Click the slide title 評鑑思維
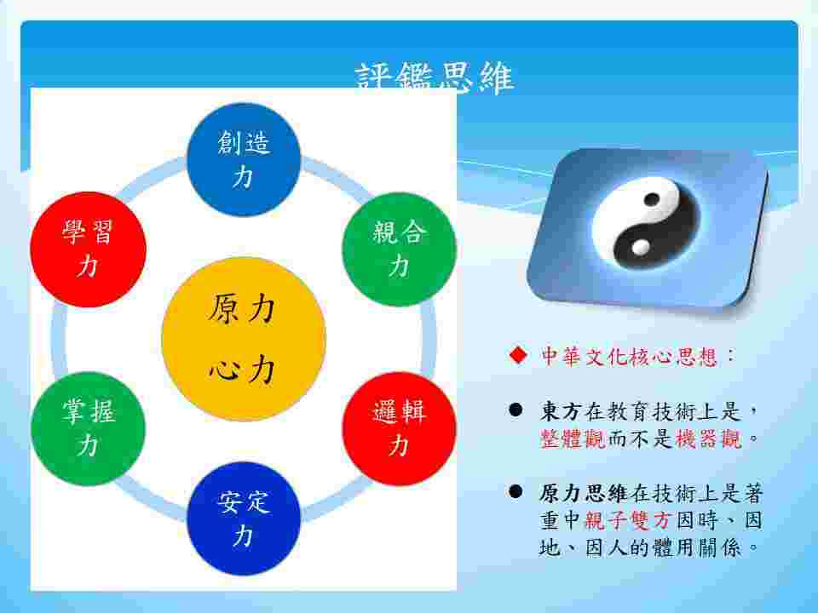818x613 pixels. pos(434,77)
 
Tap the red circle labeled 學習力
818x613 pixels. pos(88,249)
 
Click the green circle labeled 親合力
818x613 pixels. pos(399,249)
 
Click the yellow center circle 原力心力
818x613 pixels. pos(244,339)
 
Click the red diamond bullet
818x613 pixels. pos(515,355)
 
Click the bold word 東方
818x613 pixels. pos(561,411)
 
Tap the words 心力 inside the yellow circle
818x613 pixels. pos(242,370)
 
